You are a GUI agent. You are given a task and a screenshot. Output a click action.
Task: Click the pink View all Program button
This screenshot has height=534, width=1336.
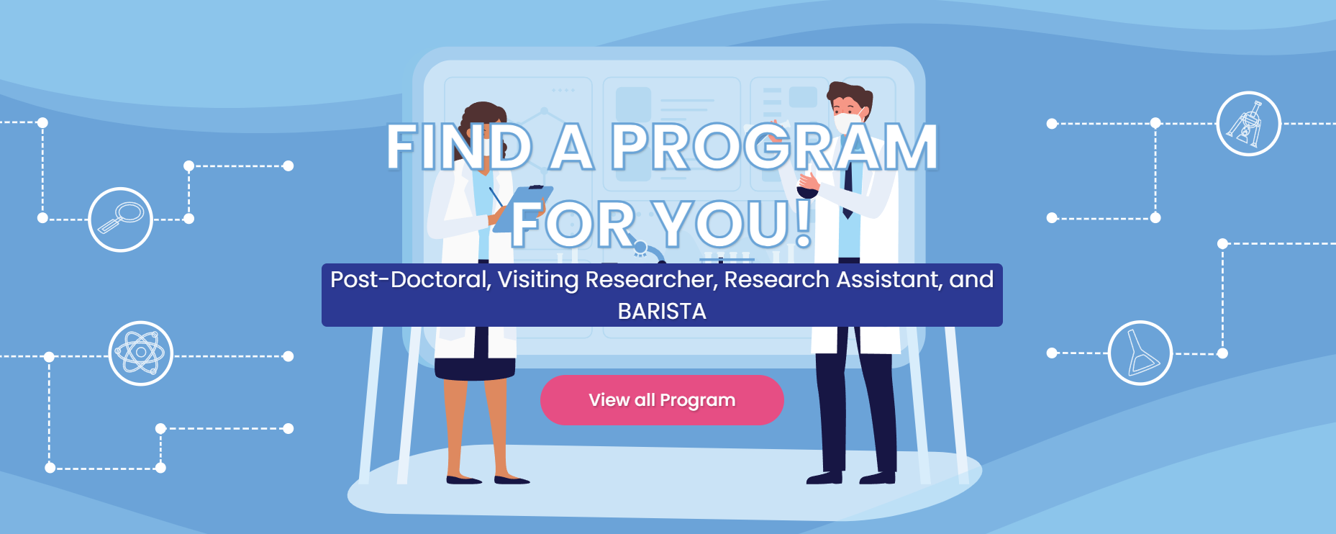pos(662,400)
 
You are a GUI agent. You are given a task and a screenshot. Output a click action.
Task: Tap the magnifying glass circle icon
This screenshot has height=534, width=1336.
pos(120,220)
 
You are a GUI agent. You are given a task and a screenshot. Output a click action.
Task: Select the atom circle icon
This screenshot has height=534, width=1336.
pos(141,353)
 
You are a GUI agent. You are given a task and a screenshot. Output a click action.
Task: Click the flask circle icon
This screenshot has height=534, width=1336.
pos(1140,353)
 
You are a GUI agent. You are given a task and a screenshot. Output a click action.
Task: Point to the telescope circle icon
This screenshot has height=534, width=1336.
pos(1248,124)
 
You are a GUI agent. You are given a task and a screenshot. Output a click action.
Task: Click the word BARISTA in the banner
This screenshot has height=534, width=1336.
pos(662,311)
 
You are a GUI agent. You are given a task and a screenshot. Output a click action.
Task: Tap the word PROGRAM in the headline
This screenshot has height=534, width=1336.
pos(775,147)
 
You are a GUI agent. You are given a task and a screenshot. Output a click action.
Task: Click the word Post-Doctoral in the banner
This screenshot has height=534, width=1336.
pos(411,279)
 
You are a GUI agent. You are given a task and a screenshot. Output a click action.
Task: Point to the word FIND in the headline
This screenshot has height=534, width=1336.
pos(459,147)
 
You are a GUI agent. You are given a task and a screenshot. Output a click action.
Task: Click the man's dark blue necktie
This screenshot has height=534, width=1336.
pos(848,189)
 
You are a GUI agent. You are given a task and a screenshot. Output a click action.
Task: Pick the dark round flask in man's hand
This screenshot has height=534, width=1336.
pos(807,191)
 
